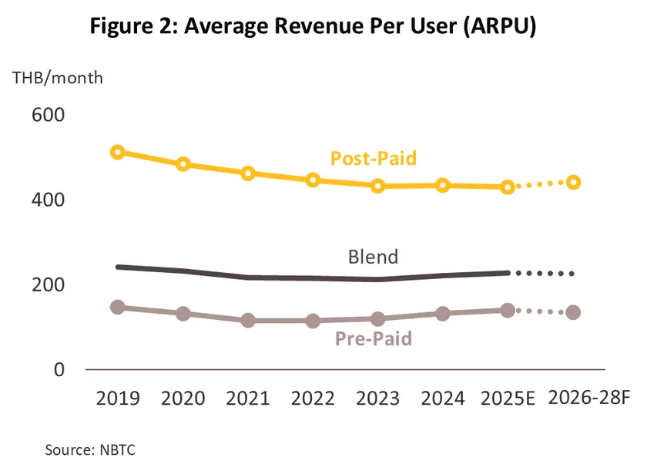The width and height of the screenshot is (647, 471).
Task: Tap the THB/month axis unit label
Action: [58, 78]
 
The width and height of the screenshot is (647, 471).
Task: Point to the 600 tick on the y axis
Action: [48, 115]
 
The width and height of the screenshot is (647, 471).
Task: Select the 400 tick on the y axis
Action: [48, 200]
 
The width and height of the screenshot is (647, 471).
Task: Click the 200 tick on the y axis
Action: [48, 284]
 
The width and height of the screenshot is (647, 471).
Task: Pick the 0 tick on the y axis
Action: [59, 369]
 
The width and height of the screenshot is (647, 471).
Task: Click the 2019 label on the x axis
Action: [118, 399]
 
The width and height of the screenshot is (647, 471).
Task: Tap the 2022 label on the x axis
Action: [313, 399]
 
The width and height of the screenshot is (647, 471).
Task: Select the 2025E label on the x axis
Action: [508, 399]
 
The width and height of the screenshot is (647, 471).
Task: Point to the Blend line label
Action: [372, 257]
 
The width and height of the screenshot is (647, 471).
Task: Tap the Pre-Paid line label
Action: [374, 338]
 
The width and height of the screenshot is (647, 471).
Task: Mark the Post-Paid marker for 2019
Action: [118, 152]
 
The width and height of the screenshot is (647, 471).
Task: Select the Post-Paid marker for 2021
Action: [248, 173]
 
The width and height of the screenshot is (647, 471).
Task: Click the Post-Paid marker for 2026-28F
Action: [573, 183]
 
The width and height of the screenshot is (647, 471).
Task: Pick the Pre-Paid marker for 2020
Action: [183, 314]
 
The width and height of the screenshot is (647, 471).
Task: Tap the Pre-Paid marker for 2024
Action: [443, 314]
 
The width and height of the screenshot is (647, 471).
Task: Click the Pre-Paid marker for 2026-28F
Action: [573, 312]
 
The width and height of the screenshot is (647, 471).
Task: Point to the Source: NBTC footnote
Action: [90, 449]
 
